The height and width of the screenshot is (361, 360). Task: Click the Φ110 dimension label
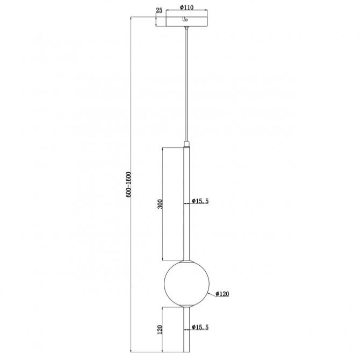coord(186,8)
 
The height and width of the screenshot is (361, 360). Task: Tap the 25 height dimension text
coord(159,10)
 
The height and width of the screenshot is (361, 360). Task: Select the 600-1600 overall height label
coord(128,185)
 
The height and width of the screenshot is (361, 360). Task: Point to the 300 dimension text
coord(160,204)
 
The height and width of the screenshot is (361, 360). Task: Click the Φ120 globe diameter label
coord(222,294)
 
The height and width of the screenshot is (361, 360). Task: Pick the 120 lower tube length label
coord(160,329)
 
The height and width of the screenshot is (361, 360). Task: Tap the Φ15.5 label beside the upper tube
coord(200,201)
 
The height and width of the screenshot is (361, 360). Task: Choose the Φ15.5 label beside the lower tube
coord(200,327)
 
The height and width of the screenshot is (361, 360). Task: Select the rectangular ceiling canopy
coord(186,22)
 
